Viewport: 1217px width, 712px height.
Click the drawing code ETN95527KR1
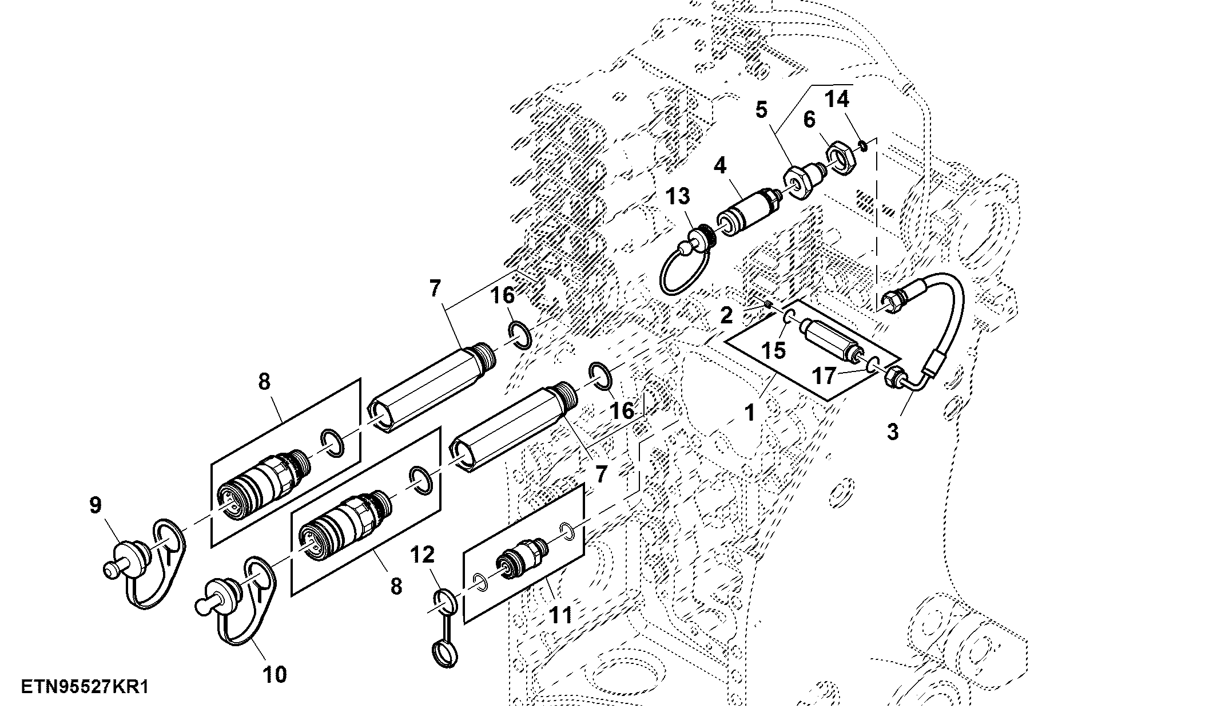click(85, 687)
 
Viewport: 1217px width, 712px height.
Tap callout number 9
click(96, 505)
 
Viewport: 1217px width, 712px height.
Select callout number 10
click(275, 674)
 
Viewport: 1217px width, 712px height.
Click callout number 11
click(560, 616)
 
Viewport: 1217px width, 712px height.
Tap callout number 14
click(837, 100)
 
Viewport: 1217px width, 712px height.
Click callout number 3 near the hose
click(893, 431)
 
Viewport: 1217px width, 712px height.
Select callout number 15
click(774, 350)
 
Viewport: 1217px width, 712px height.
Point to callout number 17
click(825, 377)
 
